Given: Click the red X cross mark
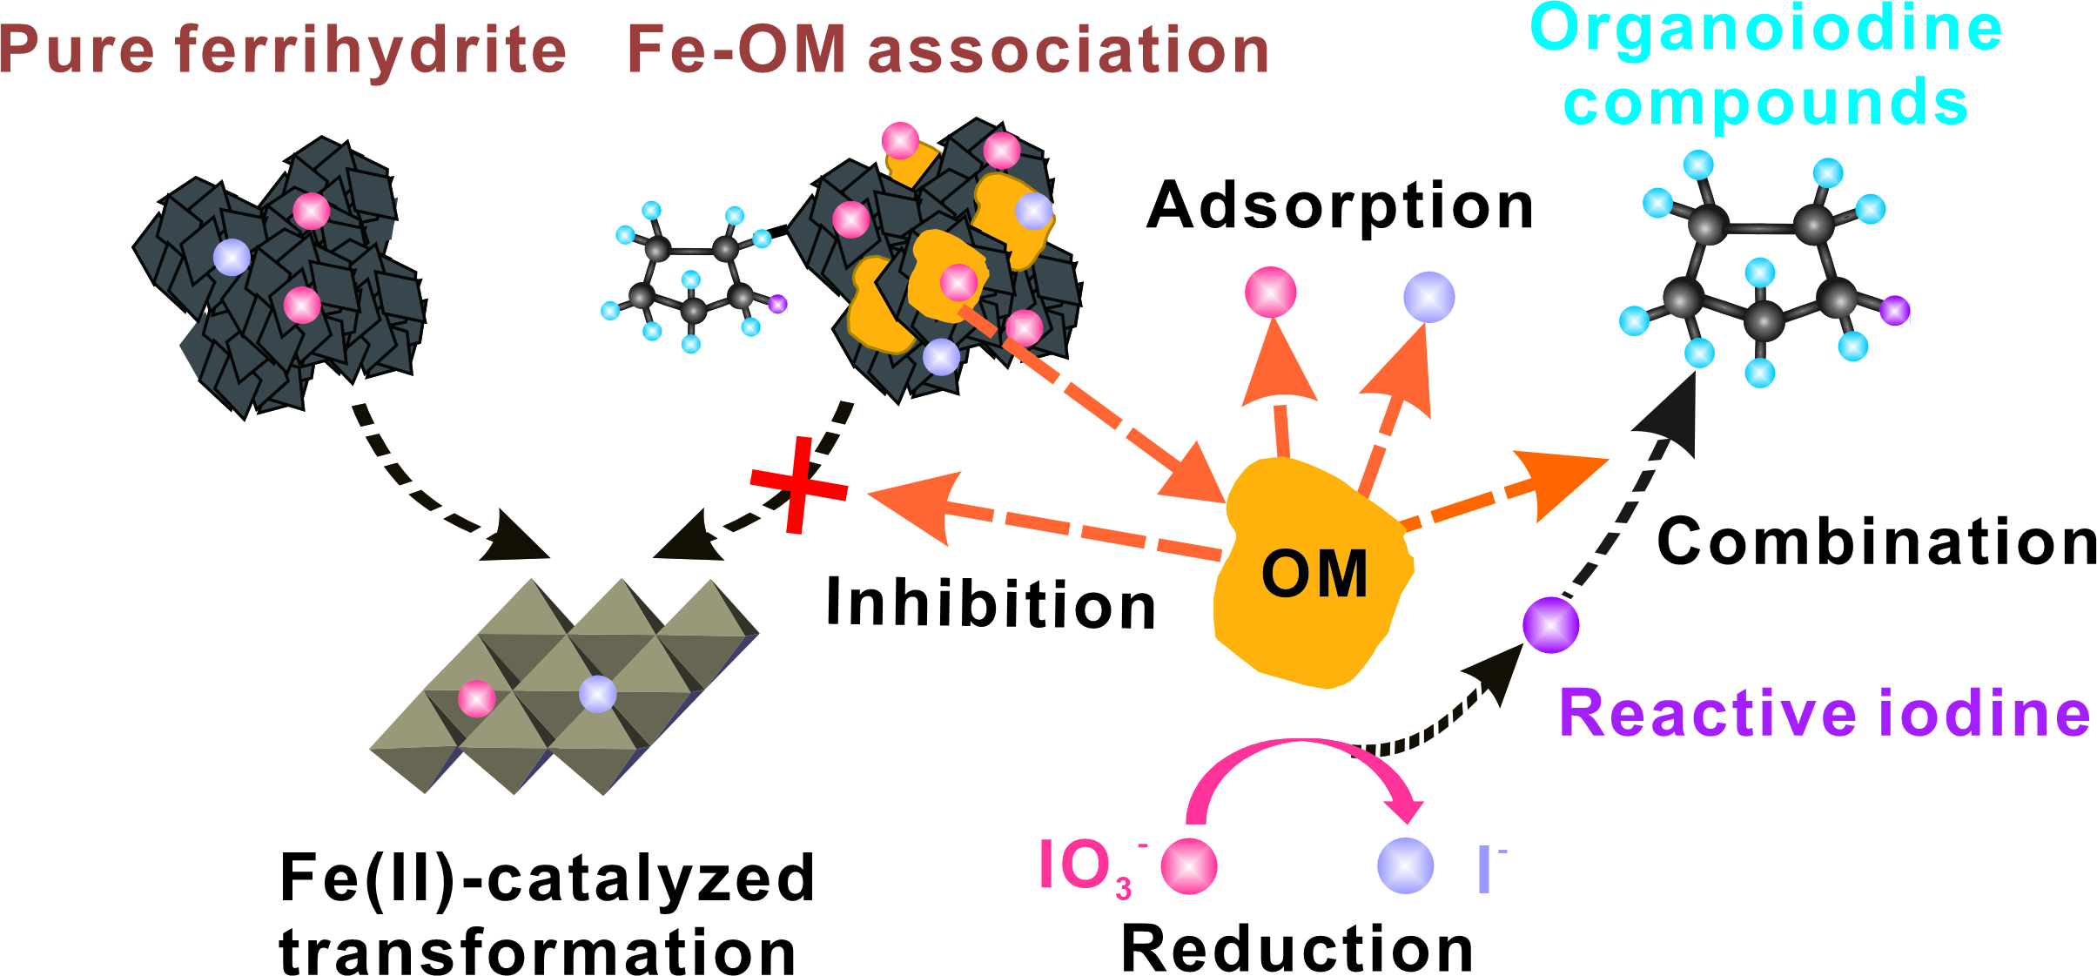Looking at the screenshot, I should click(798, 486).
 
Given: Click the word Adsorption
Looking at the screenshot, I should click(1340, 206).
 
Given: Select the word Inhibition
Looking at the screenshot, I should click(991, 602).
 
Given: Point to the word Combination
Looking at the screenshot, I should click(1877, 542).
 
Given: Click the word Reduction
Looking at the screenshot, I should click(1297, 948).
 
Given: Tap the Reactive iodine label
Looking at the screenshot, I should click(1825, 713).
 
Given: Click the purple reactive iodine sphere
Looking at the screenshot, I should click(1550, 624).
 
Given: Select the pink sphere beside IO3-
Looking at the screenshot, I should click(1189, 865).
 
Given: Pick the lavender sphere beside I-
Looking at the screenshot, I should click(1405, 865).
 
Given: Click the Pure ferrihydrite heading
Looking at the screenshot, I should click(283, 50).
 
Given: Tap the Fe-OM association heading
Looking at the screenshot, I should click(948, 50).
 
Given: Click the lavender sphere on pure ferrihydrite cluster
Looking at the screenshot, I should click(232, 258).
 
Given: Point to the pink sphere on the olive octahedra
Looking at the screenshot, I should click(476, 698).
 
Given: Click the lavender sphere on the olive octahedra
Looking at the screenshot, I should click(598, 694).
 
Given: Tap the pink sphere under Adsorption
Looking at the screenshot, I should click(1270, 293).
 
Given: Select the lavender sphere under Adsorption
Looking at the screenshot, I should click(1428, 297).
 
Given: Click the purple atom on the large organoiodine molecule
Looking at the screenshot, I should click(1895, 309).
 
